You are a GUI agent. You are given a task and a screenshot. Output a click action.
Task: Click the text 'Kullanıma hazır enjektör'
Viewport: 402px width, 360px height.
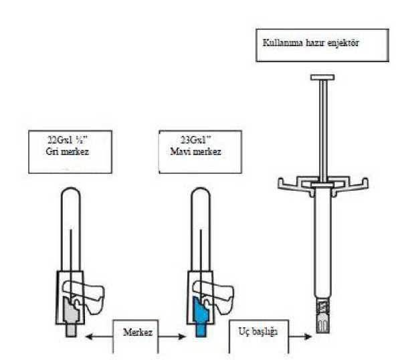point(311,43)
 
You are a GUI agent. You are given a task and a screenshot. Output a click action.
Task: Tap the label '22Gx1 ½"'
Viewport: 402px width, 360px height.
point(68,140)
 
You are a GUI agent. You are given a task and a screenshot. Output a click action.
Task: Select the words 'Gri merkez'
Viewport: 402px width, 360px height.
point(68,151)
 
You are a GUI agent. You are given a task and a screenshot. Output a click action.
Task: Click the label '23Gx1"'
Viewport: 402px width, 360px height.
point(196,140)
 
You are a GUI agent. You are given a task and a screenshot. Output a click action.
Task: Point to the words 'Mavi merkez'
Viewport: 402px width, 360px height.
point(195,151)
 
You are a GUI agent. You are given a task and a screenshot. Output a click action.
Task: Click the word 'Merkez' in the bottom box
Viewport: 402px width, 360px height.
point(138,333)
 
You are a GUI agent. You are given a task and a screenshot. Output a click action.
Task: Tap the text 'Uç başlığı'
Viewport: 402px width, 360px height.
point(258,332)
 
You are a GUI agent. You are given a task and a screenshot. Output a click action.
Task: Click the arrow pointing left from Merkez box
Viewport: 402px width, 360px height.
point(99,336)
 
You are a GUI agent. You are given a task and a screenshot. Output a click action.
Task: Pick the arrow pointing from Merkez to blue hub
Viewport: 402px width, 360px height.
point(172,336)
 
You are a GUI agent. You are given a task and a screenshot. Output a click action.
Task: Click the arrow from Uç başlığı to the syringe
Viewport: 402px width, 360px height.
point(300,336)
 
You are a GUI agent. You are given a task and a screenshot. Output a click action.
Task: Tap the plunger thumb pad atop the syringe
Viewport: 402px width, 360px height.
point(322,77)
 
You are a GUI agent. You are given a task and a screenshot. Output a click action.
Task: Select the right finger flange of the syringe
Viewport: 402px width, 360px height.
point(357,185)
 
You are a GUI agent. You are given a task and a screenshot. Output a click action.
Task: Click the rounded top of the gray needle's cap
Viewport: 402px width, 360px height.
point(71,193)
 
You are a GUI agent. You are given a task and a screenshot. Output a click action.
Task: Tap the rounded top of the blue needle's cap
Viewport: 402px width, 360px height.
point(201,193)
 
